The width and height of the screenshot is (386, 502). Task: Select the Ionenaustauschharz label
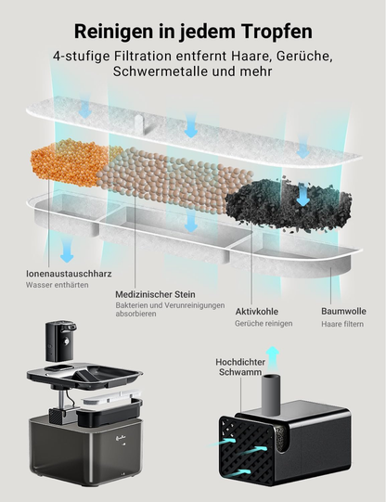click(69, 274)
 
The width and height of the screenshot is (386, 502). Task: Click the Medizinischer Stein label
click(155, 294)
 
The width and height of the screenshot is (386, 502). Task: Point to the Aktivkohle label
click(257, 312)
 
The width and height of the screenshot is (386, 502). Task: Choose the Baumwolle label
click(343, 311)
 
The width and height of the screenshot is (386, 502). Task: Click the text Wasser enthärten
click(58, 285)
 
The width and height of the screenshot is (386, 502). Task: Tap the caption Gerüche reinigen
click(264, 323)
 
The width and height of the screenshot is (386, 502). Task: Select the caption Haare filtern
click(342, 324)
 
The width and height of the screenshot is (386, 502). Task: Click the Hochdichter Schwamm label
click(240, 367)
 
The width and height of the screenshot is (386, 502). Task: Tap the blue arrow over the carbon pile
click(302, 194)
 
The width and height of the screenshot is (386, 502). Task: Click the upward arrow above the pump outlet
click(273, 358)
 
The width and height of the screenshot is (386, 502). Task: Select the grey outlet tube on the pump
click(271, 394)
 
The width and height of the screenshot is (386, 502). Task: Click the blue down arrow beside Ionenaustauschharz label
click(67, 251)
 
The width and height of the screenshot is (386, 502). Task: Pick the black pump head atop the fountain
click(60, 341)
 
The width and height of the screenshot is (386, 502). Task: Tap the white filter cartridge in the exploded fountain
click(110, 398)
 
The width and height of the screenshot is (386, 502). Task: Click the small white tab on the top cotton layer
click(140, 123)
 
